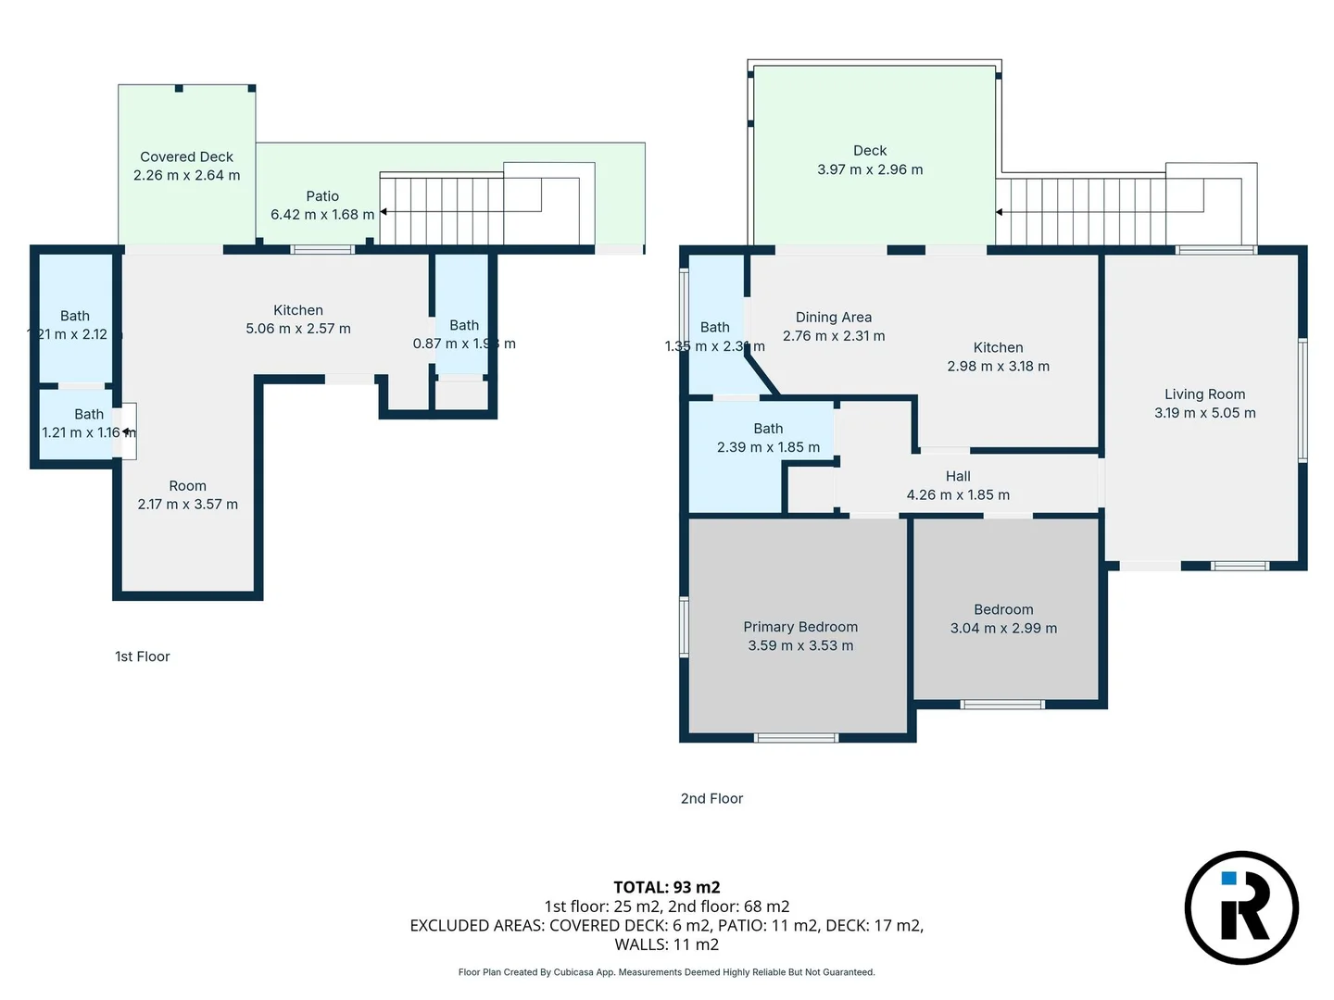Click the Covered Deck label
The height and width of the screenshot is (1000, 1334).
186,156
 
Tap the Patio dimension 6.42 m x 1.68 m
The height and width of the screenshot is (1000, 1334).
322,215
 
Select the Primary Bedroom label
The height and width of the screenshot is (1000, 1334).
800,627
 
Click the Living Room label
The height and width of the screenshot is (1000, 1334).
1204,394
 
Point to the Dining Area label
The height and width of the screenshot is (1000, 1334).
833,317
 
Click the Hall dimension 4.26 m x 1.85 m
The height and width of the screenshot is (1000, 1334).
958,495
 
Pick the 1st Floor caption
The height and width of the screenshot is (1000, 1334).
143,656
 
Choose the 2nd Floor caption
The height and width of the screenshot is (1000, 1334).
711,798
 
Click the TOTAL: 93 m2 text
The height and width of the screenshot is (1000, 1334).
666,887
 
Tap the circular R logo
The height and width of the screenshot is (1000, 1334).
1241,907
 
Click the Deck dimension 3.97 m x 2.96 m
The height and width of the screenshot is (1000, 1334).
870,169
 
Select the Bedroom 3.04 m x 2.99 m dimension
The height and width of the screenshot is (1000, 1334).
1003,628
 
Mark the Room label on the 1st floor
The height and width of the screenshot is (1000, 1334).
187,485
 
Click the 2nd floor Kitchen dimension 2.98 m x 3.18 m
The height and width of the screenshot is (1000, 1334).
998,366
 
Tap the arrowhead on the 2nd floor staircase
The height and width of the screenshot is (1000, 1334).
999,212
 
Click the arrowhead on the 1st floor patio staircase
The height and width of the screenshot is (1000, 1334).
384,212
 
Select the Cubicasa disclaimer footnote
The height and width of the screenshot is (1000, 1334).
666,972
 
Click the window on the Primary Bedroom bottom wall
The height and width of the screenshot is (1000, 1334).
797,738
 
